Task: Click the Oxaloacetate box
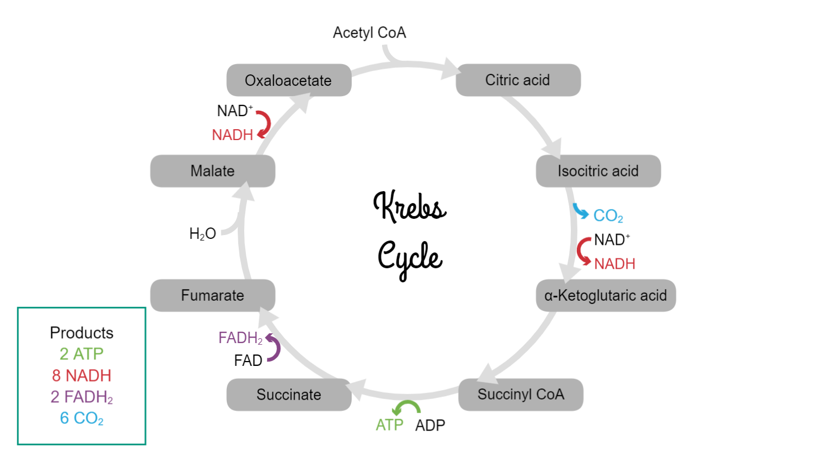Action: point(289,80)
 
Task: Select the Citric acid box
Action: point(518,80)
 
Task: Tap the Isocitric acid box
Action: point(598,171)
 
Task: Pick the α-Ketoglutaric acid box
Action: point(606,295)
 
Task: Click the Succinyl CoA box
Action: point(520,395)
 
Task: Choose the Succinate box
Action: point(289,395)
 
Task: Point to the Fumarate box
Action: point(213,295)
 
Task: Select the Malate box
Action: point(213,171)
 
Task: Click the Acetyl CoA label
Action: point(369,33)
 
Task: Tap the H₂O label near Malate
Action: point(202,234)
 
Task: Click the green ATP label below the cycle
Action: point(389,425)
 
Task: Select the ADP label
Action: point(430,425)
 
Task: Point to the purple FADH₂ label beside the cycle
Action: point(240,338)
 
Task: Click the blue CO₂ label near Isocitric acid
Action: point(608,216)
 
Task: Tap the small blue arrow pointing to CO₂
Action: point(580,211)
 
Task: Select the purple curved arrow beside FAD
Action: point(274,348)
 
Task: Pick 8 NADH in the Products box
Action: point(81,376)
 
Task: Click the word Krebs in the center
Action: point(410,206)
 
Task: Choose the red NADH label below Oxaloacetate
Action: point(232,135)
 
